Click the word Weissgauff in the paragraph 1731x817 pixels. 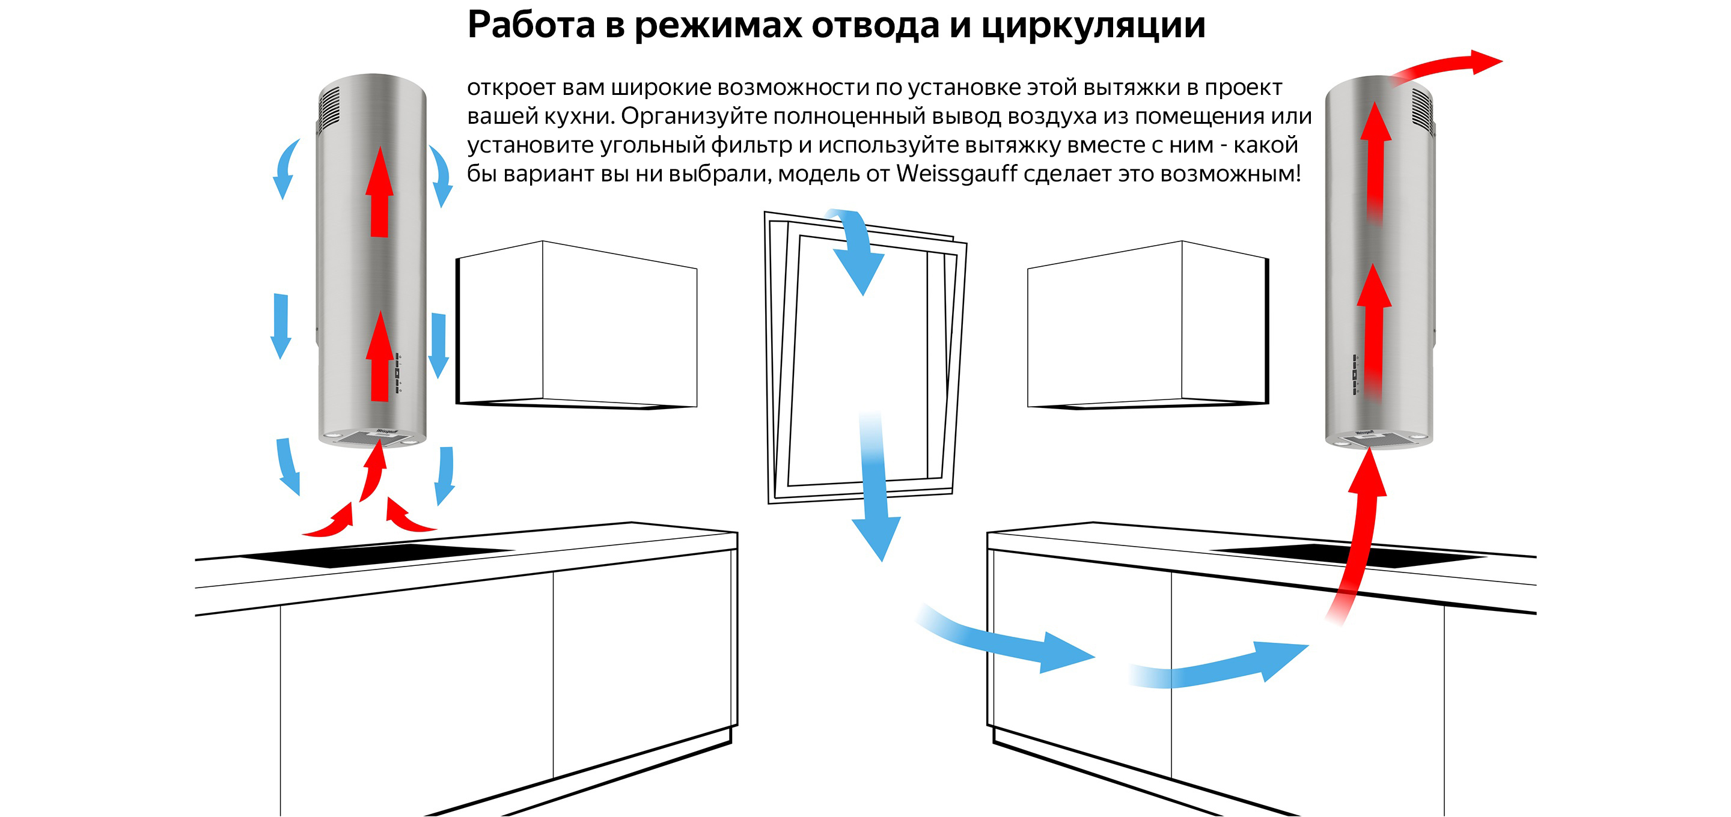(957, 174)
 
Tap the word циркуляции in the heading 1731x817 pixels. (1093, 25)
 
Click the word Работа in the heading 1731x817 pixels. (531, 25)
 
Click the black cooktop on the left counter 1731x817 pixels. (376, 555)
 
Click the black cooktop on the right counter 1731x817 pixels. (1348, 556)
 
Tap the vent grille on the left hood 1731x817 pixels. (329, 108)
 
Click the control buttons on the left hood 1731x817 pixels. (398, 372)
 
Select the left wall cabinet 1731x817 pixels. (576, 324)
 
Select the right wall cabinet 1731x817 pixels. (1149, 324)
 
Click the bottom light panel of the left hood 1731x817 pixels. (371, 439)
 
